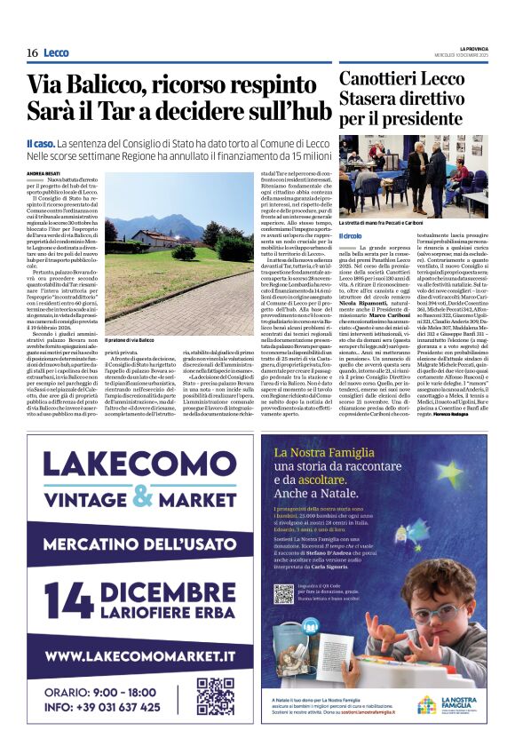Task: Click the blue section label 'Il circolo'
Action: (x=351, y=235)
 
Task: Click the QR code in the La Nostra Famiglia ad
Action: (x=284, y=593)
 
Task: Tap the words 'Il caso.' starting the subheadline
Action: (x=41, y=142)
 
